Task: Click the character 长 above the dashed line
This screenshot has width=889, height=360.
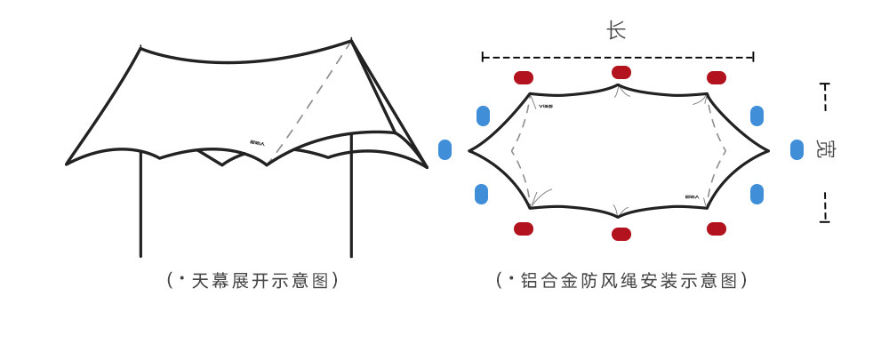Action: [x=616, y=31]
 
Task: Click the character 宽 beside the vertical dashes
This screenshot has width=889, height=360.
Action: [x=826, y=150]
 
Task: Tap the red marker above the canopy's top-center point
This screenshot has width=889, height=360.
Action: [x=621, y=72]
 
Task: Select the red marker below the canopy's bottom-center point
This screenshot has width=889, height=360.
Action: [x=621, y=234]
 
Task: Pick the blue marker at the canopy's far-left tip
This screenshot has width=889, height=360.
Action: [x=445, y=150]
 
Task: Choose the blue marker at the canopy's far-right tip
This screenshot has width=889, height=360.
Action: [x=797, y=150]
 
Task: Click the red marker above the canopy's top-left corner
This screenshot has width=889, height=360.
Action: [x=524, y=77]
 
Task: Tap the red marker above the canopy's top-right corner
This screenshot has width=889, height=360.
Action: [x=717, y=77]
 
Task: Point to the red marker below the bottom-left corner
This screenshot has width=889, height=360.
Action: [x=524, y=228]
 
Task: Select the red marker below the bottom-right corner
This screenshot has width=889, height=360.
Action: [x=717, y=228]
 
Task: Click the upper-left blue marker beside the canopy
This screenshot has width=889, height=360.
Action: [x=483, y=116]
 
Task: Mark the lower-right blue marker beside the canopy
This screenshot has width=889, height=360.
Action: [x=757, y=194]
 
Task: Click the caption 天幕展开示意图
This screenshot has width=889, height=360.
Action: [x=253, y=281]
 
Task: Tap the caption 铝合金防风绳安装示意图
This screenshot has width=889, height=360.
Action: [x=621, y=281]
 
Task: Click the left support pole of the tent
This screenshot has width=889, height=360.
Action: [x=140, y=204]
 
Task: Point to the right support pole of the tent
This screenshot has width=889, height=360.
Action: [x=351, y=204]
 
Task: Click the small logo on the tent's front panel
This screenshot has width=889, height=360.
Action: [x=258, y=142]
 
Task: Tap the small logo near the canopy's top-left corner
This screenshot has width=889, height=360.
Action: [x=546, y=106]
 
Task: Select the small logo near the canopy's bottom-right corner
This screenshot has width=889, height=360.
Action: [x=692, y=196]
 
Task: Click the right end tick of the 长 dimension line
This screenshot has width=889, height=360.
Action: [x=754, y=57]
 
